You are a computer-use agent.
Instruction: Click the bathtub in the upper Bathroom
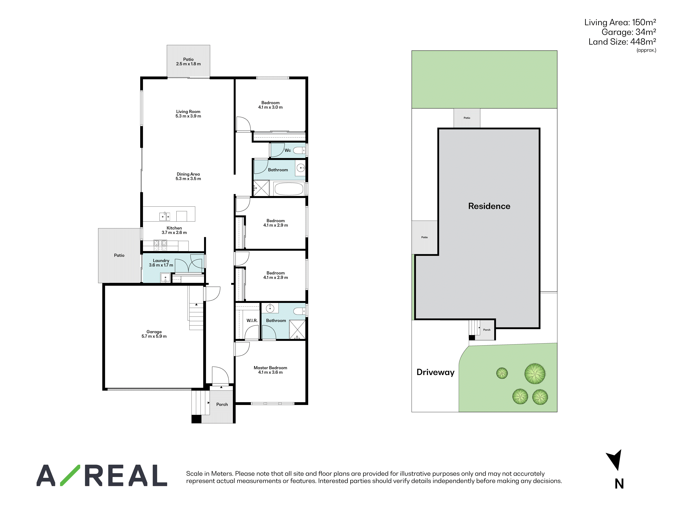click(x=289, y=189)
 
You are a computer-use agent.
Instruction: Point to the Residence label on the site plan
click(x=489, y=206)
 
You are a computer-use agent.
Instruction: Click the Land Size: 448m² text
click(x=622, y=42)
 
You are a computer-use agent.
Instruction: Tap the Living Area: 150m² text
click(x=620, y=22)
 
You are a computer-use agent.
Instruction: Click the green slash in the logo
click(x=70, y=475)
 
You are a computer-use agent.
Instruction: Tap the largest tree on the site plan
click(x=535, y=374)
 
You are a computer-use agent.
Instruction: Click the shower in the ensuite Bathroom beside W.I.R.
click(x=297, y=329)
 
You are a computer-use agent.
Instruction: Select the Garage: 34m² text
click(x=629, y=32)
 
